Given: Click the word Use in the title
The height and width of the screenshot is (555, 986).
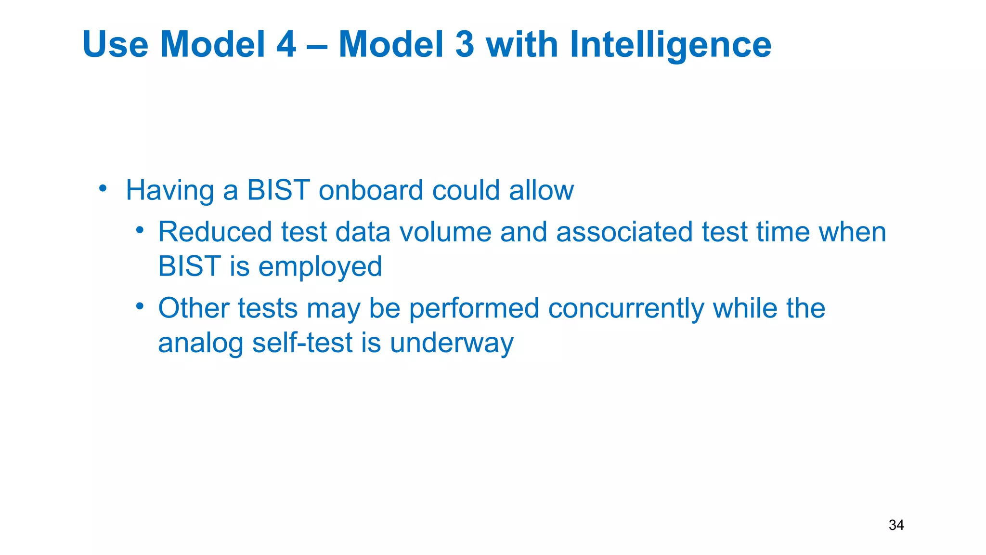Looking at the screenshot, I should point(115,44).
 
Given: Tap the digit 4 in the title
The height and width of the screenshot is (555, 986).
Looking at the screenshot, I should point(286,44).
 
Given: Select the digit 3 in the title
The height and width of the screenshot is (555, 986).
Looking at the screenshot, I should point(465,44).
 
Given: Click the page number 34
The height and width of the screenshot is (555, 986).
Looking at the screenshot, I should point(896,525).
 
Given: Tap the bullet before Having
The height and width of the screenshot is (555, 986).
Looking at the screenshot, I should point(103,188).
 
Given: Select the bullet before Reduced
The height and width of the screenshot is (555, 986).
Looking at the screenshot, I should point(140,230).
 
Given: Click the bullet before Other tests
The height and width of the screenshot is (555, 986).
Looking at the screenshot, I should point(140,306).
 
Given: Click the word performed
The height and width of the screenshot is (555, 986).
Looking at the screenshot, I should point(474,309).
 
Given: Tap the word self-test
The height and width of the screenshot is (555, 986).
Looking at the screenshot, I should point(303,343).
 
